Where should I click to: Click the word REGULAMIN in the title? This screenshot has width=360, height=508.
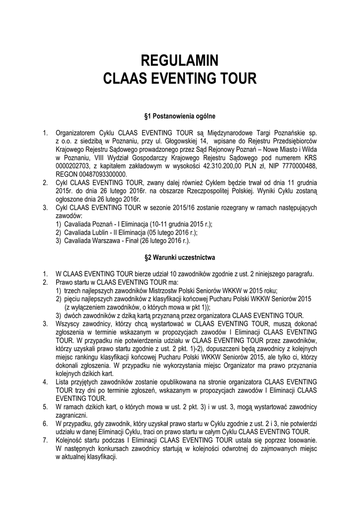pyautogui.click(x=180, y=62)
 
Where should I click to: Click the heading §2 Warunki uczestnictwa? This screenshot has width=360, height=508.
pyautogui.click(x=180, y=258)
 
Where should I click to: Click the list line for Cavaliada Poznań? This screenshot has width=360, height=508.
pyautogui.click(x=134, y=224)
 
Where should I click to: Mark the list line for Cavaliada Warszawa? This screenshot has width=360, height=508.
pyautogui.click(x=127, y=241)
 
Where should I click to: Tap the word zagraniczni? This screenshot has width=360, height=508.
pyautogui.click(x=72, y=415)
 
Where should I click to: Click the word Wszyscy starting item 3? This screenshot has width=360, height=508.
pyautogui.click(x=68, y=324)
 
